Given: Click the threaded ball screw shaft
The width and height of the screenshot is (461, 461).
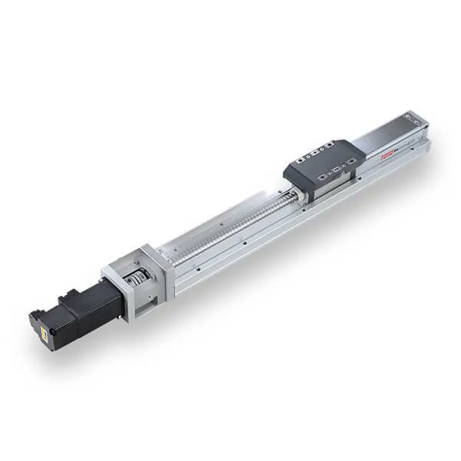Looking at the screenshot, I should click(x=230, y=226).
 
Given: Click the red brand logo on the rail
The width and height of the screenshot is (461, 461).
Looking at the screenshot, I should click(x=386, y=153).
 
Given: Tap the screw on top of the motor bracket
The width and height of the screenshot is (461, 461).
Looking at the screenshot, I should click(x=146, y=251).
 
